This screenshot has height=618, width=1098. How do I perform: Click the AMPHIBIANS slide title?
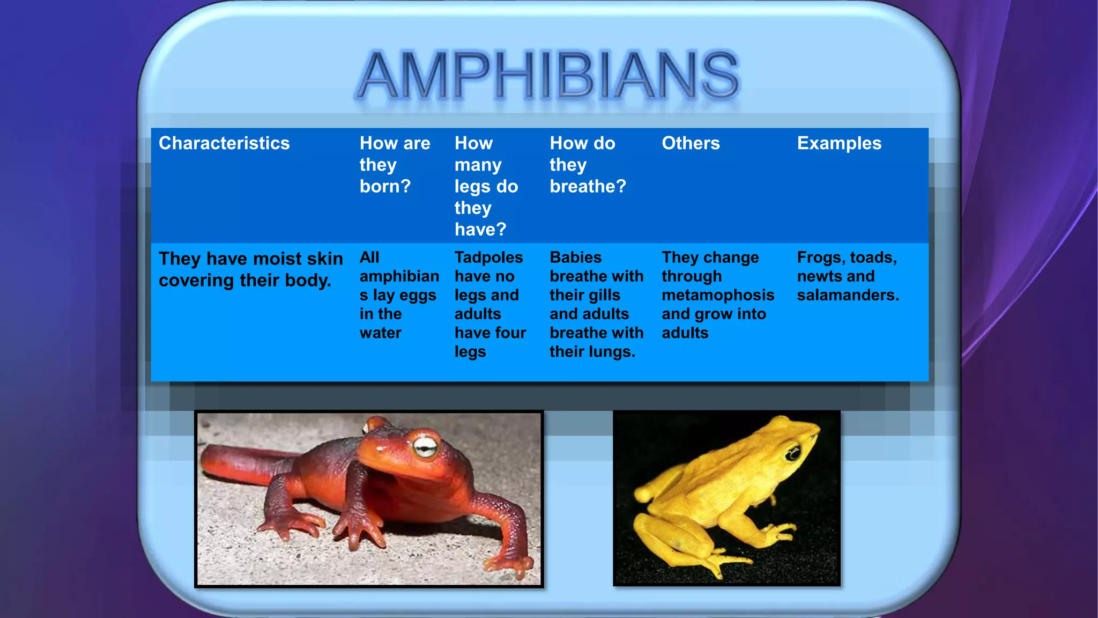[548, 75]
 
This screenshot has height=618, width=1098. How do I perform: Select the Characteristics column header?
[224, 143]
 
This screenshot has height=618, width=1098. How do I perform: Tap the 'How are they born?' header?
[395, 164]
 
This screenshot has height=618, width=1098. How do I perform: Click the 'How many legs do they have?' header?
[486, 186]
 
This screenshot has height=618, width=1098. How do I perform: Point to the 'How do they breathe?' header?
[588, 164]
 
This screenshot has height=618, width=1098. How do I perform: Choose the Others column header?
[691, 143]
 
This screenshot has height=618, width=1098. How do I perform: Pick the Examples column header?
[839, 143]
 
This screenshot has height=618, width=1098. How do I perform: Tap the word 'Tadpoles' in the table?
[488, 257]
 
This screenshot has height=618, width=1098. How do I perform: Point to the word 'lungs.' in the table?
[610, 352]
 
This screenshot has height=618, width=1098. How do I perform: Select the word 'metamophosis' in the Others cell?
[718, 295]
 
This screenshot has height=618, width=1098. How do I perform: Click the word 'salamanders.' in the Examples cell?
[848, 295]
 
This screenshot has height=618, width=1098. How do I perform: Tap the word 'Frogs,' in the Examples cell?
[820, 257]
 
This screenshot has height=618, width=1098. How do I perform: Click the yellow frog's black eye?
[793, 454]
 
